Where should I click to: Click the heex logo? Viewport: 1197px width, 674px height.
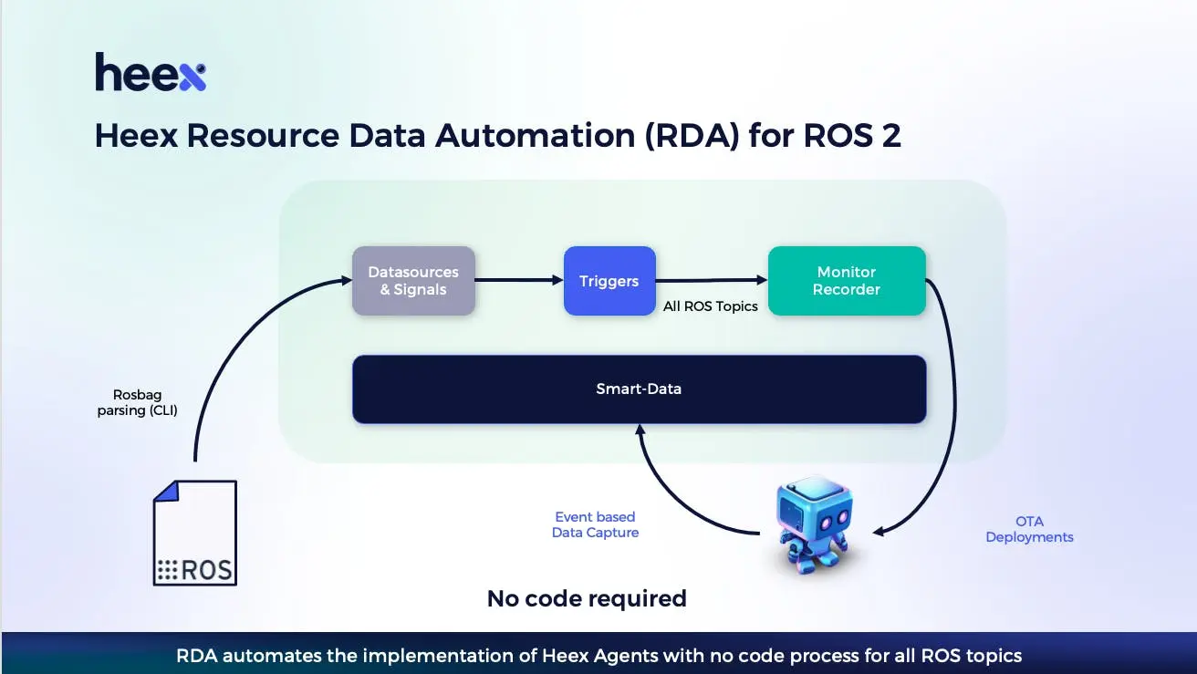151,72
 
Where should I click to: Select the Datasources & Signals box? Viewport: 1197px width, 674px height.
413,281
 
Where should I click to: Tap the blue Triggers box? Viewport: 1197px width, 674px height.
609,281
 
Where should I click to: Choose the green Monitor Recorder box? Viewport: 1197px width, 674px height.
847,281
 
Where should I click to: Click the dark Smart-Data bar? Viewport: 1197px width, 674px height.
640,389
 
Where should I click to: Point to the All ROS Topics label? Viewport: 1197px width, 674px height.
710,306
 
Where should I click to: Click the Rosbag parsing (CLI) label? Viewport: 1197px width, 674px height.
138,403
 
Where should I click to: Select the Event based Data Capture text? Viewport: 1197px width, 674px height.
595,524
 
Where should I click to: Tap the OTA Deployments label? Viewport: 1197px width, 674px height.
1029,529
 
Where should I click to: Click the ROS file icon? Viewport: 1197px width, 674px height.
195,533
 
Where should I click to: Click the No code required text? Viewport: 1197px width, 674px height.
587,598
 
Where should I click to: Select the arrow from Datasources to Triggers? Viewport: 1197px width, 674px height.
519,280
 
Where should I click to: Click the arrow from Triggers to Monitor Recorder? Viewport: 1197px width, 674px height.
712,280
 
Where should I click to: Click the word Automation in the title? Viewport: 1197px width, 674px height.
536,135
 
